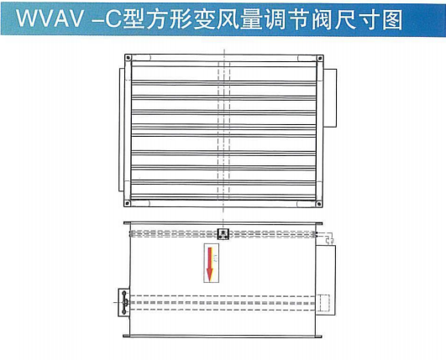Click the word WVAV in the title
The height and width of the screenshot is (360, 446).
click(x=50, y=19)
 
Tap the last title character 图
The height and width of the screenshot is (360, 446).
click(x=392, y=19)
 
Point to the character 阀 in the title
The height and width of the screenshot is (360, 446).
click(x=322, y=19)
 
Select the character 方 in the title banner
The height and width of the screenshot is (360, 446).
click(x=157, y=19)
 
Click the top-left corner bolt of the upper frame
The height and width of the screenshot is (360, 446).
click(x=129, y=58)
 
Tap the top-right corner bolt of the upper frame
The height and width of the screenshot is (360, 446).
click(x=319, y=59)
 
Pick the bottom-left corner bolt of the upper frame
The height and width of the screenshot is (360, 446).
click(x=127, y=203)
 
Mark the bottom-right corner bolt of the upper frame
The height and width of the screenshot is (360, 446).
click(x=319, y=203)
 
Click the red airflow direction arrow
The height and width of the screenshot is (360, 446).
click(x=210, y=264)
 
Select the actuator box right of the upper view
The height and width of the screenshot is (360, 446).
click(x=330, y=97)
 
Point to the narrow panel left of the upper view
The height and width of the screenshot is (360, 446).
click(x=122, y=129)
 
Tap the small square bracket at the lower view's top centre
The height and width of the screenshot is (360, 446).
click(x=223, y=234)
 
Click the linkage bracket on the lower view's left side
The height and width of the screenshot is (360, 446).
click(x=124, y=302)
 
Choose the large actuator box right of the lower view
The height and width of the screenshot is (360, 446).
click(x=325, y=280)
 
